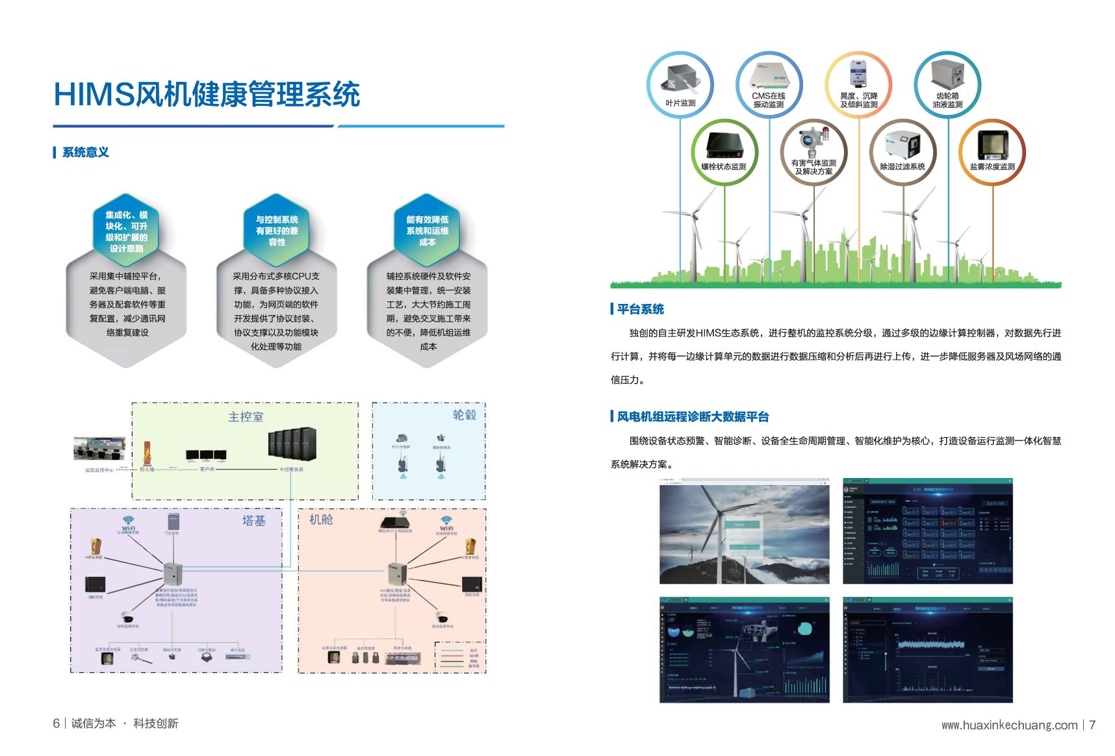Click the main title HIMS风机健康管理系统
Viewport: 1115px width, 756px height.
pyautogui.click(x=207, y=94)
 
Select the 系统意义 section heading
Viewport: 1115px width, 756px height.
pyautogui.click(x=85, y=153)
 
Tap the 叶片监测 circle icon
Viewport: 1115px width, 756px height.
pyautogui.click(x=680, y=85)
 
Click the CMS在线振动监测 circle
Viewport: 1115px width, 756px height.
pyautogui.click(x=769, y=85)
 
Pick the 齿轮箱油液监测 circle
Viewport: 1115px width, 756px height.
pyautogui.click(x=947, y=85)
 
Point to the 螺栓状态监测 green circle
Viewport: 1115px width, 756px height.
pyautogui.click(x=724, y=152)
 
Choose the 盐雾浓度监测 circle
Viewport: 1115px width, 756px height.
pyautogui.click(x=992, y=152)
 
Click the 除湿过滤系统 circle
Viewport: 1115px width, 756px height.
pyautogui.click(x=903, y=152)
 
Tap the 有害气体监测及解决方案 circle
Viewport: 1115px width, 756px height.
pyautogui.click(x=814, y=152)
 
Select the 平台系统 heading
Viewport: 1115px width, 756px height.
pyautogui.click(x=640, y=309)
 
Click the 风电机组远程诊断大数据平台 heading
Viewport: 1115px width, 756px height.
pyautogui.click(x=693, y=417)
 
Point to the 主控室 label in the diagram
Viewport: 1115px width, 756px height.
pyautogui.click(x=246, y=417)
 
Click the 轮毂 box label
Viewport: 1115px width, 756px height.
pyautogui.click(x=464, y=415)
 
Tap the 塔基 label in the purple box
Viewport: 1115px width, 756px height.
pyautogui.click(x=253, y=521)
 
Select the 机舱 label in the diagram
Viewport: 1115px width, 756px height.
pyautogui.click(x=321, y=520)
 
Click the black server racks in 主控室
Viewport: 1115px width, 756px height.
pyautogui.click(x=292, y=444)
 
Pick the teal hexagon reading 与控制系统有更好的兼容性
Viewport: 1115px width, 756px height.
pyautogui.click(x=277, y=231)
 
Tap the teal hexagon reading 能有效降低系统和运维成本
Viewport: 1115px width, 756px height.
pyautogui.click(x=427, y=231)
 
